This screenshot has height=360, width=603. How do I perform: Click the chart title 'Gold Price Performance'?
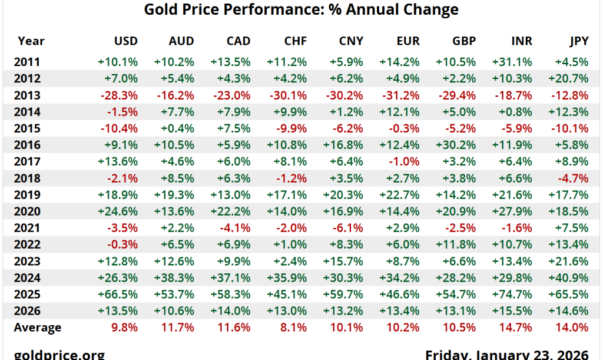[x=301, y=10]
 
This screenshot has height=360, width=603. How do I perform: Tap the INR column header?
[x=520, y=41]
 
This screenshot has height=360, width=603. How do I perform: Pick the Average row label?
[x=37, y=328]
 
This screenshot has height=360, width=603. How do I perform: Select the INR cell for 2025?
[x=515, y=295]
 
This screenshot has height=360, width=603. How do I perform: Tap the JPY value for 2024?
[x=571, y=278]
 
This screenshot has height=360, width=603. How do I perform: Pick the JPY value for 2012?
[x=571, y=78]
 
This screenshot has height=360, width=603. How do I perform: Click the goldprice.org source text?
[x=59, y=354]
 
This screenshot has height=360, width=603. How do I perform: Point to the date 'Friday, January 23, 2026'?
[x=506, y=354]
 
